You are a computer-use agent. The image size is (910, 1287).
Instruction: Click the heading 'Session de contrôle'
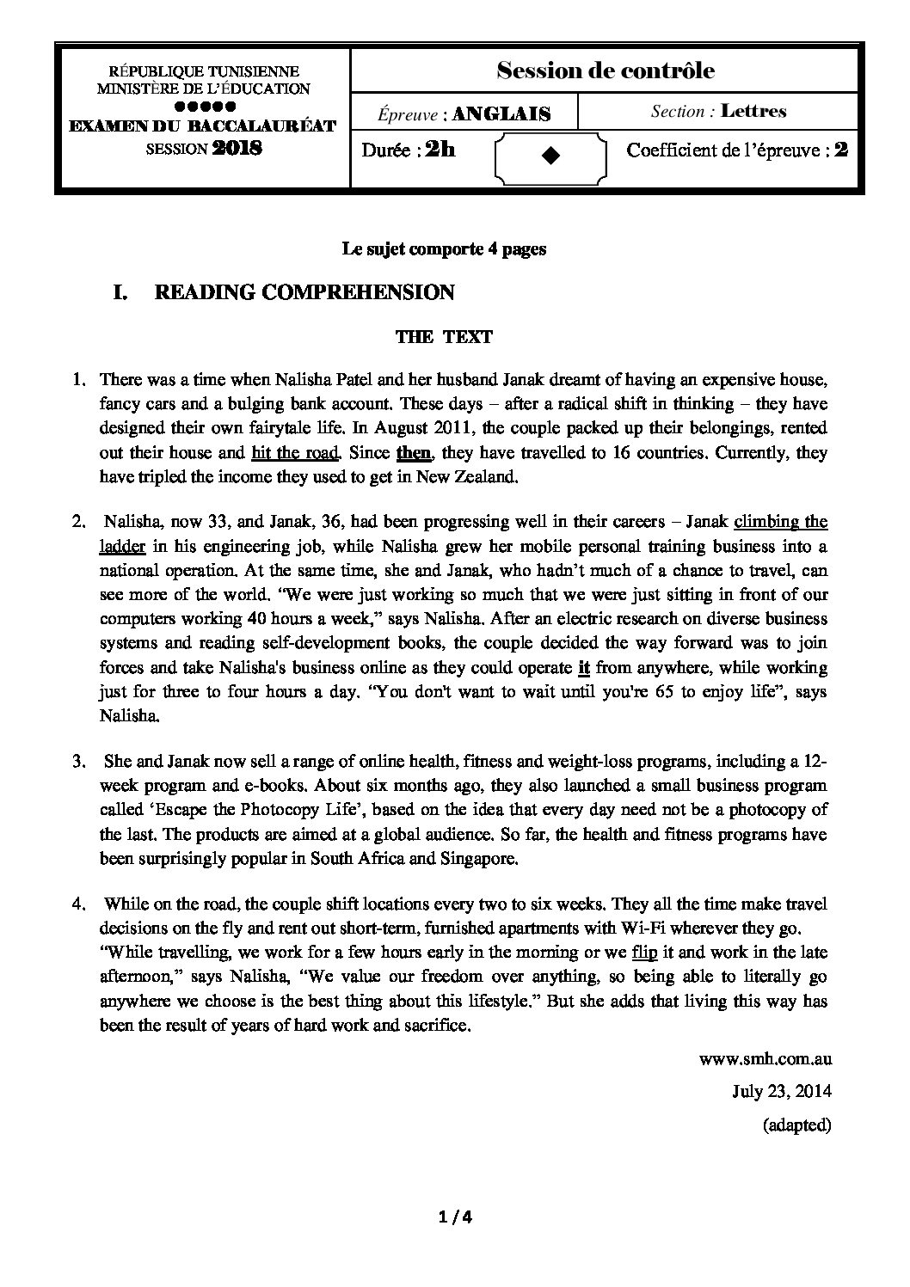point(605,71)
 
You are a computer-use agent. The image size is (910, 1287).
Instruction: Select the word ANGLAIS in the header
point(501,113)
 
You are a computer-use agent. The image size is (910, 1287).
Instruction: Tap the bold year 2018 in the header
point(237,148)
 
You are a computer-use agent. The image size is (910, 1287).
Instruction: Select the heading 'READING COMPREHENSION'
point(304,293)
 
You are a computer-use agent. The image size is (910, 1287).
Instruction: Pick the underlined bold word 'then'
point(413,453)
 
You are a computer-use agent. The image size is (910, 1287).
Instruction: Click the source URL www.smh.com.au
point(766,1061)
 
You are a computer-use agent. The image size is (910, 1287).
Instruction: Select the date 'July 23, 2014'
point(781,1092)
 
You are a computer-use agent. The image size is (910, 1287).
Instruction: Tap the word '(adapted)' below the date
point(796,1125)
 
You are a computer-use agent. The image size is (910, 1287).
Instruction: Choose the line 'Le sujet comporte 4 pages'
point(444,249)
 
